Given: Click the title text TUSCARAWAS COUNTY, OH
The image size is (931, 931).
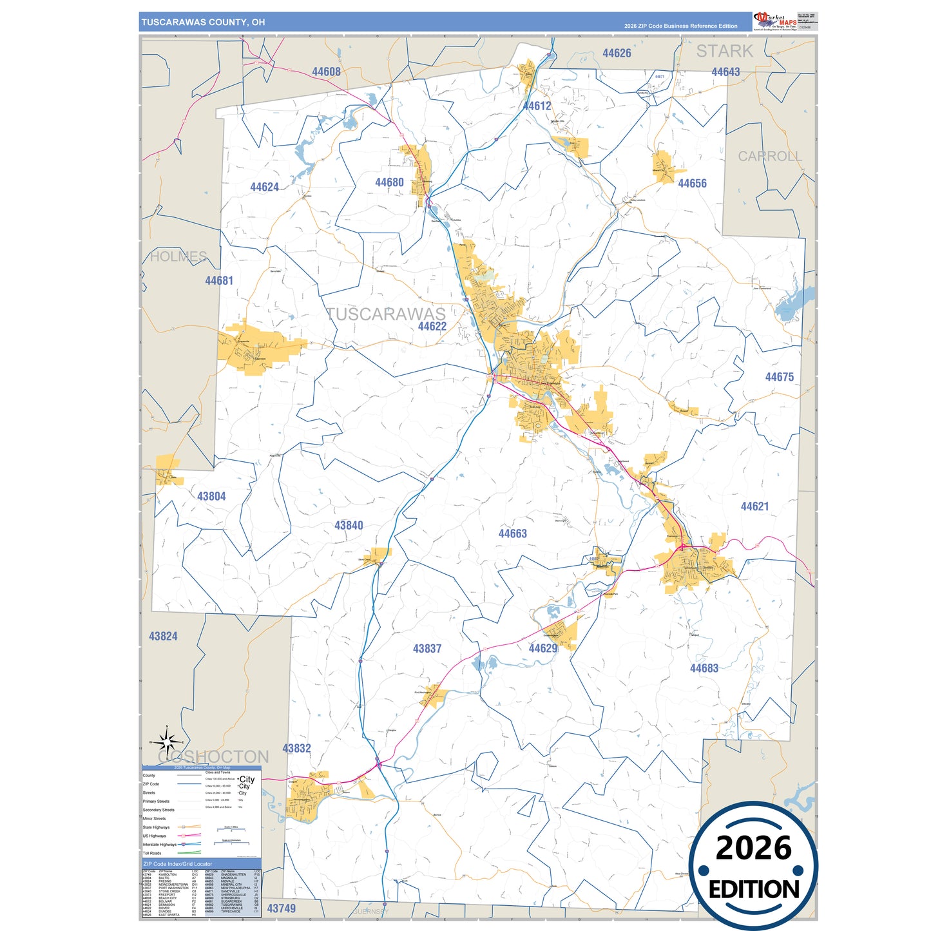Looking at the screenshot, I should [x=203, y=22].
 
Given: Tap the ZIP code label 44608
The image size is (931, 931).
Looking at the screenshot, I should [x=326, y=72].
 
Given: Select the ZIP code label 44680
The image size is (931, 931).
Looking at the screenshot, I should [x=389, y=182].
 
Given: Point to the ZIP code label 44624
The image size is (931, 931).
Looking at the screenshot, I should [x=264, y=187].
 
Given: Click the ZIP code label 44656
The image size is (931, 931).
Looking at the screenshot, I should [x=692, y=184].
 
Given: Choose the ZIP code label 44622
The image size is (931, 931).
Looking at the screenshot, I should [x=432, y=326].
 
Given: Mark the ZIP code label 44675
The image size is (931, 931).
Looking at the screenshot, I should [x=779, y=377].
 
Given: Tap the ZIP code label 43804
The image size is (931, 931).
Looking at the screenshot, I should [x=211, y=496].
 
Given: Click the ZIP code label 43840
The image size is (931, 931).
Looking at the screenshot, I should [x=349, y=525].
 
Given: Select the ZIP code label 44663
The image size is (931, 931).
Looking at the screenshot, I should [x=512, y=533].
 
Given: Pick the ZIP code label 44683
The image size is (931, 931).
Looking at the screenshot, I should [x=704, y=668].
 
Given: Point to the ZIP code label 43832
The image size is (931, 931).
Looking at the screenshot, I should [x=296, y=748].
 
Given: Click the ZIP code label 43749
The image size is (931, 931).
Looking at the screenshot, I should [x=282, y=908].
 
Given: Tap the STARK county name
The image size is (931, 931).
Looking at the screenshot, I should [x=724, y=51].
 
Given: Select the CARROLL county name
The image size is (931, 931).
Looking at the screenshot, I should [x=769, y=157].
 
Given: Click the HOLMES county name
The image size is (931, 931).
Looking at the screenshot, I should [x=178, y=256].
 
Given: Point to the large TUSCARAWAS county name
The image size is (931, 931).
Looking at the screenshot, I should [x=386, y=314].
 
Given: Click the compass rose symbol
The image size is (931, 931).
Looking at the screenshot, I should [x=167, y=743].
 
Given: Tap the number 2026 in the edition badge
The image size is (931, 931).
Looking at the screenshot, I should [x=753, y=848].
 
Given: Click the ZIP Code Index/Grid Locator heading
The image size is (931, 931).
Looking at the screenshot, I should [x=178, y=864].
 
